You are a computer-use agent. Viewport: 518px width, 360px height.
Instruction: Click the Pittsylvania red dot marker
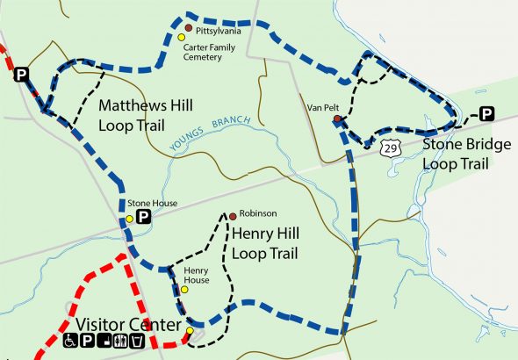click(188, 28)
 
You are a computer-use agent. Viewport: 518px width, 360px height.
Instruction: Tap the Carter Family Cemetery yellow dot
click(182, 37)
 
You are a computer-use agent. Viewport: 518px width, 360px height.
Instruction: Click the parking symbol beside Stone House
click(144, 218)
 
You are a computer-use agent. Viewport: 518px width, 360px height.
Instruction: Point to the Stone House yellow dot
click(129, 219)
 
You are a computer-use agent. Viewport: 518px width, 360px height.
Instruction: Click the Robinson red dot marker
click(233, 215)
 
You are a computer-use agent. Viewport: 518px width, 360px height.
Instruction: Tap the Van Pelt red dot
click(337, 119)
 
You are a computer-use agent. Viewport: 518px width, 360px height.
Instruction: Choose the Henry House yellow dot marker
click(184, 290)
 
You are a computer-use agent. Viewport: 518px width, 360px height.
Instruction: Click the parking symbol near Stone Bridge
click(486, 113)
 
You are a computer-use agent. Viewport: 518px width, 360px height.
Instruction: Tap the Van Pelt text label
click(321, 108)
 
